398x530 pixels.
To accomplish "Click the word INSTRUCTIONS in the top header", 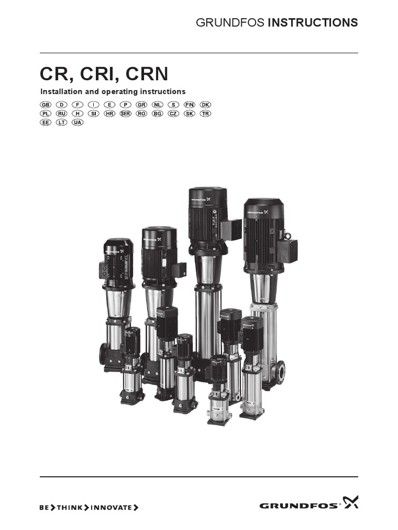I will pyautogui.click(x=312, y=23).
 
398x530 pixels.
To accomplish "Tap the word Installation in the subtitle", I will pyautogui.click(x=62, y=92).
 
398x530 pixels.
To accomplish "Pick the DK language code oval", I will pyautogui.click(x=206, y=105).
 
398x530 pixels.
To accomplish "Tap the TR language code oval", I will pyautogui.click(x=206, y=113).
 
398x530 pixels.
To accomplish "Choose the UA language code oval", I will pyautogui.click(x=78, y=122).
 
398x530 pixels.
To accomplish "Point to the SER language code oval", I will pyautogui.click(x=125, y=113).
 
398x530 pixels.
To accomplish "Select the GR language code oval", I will pyautogui.click(x=141, y=105).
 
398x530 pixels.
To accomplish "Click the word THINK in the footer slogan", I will pyautogui.click(x=69, y=508).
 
